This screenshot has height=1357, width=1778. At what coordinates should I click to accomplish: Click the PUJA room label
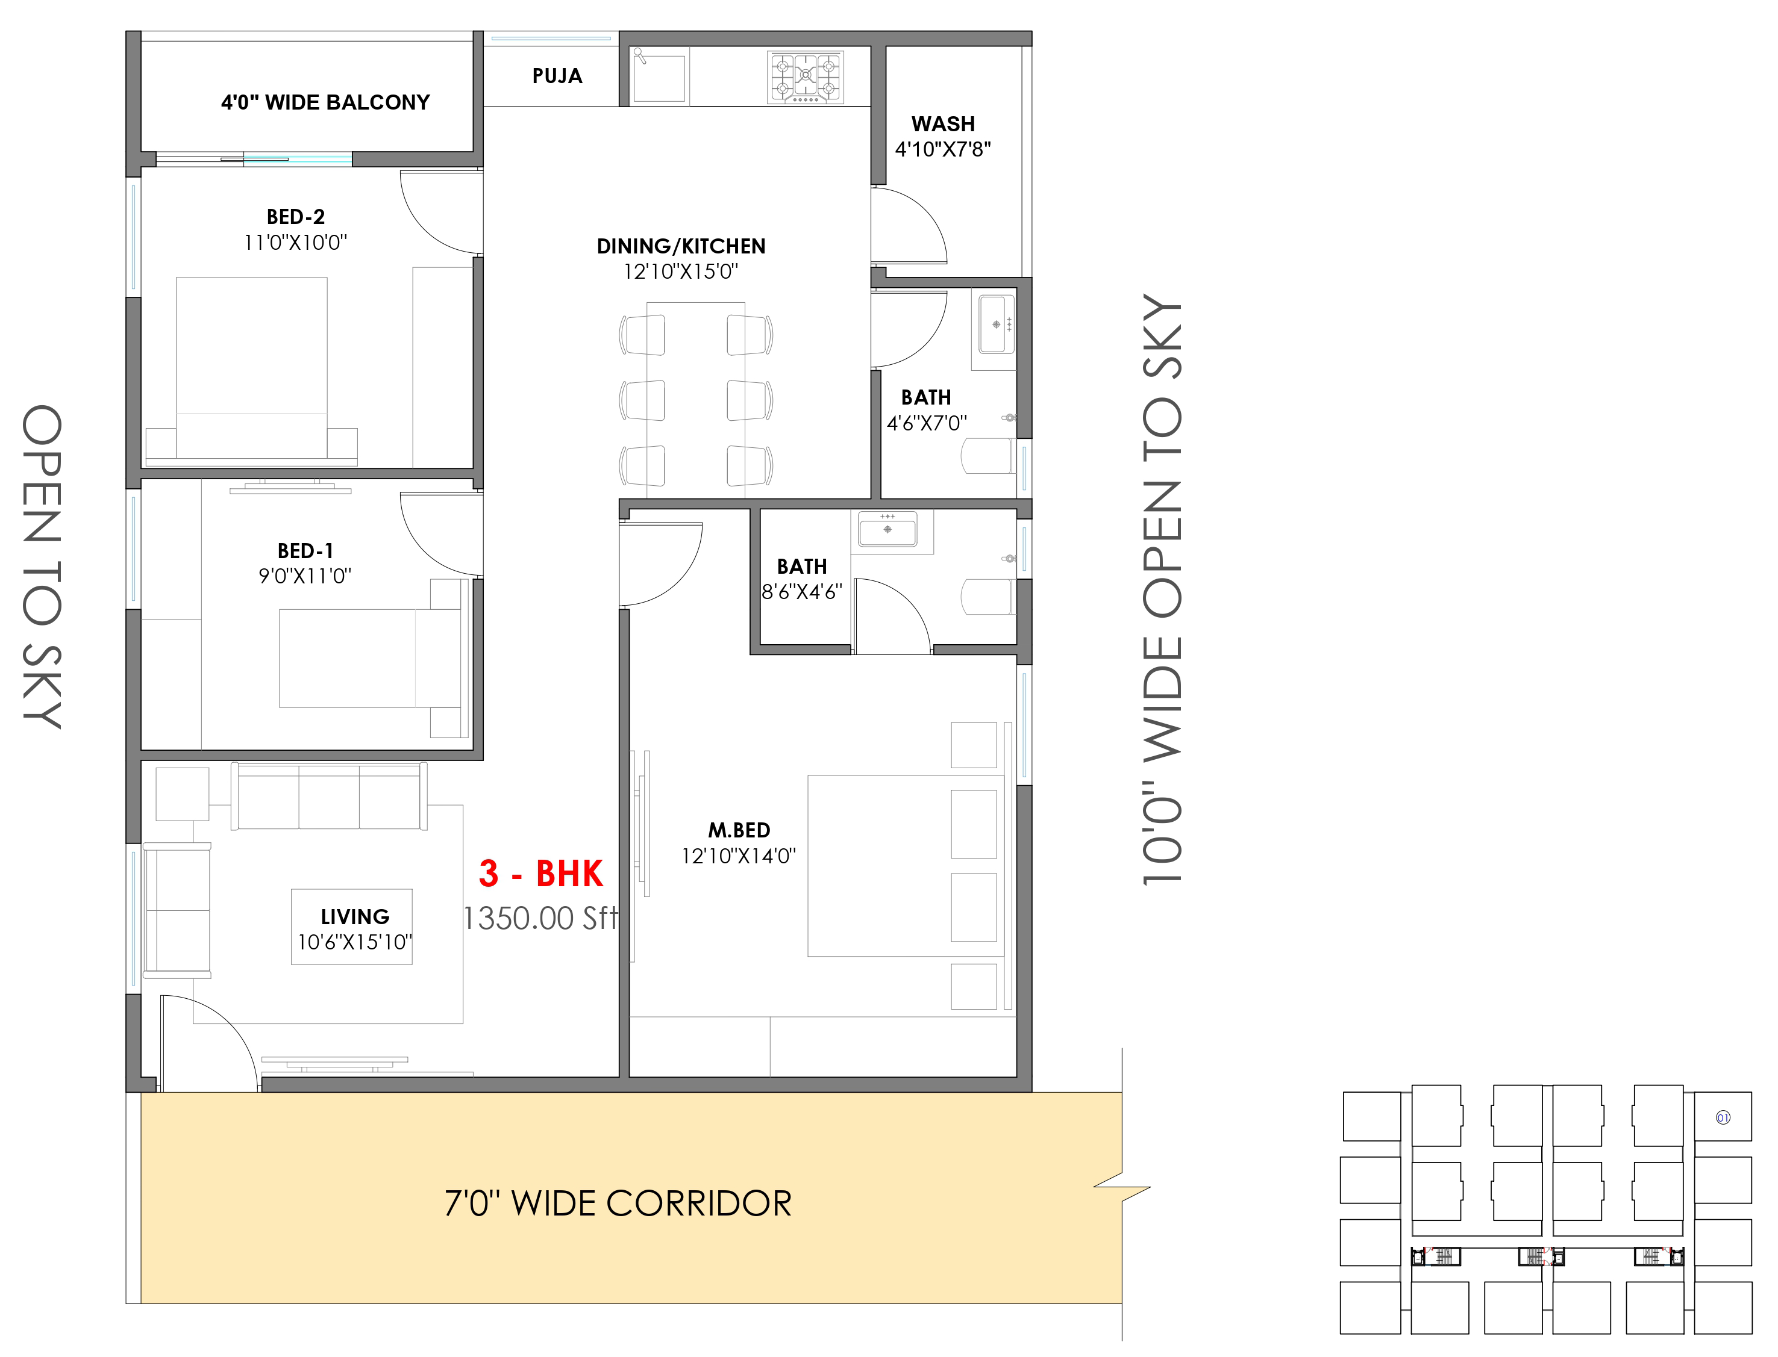tap(557, 76)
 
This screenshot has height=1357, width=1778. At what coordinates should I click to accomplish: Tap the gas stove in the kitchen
tap(805, 78)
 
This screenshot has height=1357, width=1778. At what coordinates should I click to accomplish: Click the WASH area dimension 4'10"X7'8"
tap(942, 149)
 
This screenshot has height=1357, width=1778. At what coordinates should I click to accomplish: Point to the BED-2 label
tap(296, 217)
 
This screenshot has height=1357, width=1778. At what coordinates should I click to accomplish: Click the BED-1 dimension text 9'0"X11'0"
tap(305, 576)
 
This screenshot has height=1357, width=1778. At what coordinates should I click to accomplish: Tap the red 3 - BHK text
tap(540, 873)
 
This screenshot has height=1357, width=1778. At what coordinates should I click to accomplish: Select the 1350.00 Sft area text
tap(540, 918)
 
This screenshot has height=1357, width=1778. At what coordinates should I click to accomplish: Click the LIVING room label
tap(355, 917)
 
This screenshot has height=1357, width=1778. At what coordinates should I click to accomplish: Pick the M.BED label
tap(739, 830)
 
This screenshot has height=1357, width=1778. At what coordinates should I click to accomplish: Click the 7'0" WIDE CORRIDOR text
tap(618, 1203)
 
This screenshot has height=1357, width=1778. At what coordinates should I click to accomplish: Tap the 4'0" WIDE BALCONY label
tap(326, 102)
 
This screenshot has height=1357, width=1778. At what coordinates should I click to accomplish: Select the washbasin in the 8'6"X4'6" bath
tap(887, 530)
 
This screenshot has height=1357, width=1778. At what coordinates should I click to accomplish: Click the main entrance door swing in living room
tap(209, 1043)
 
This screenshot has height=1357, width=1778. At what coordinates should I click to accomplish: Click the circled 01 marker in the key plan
tap(1723, 1118)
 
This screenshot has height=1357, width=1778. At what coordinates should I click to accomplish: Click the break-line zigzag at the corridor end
tap(1122, 1187)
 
